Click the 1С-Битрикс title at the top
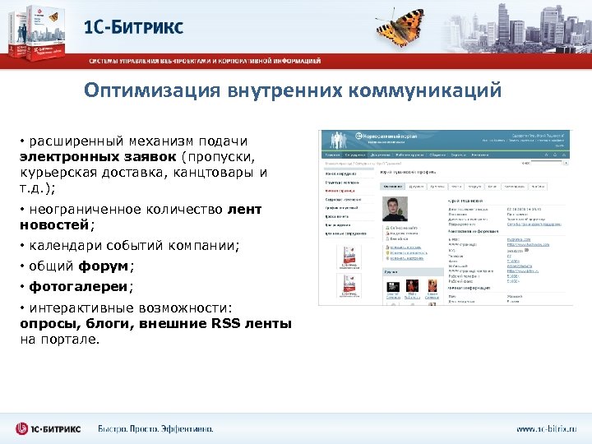point(134,26)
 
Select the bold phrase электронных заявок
point(98,156)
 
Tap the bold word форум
point(104,266)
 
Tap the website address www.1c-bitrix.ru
point(546,428)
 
